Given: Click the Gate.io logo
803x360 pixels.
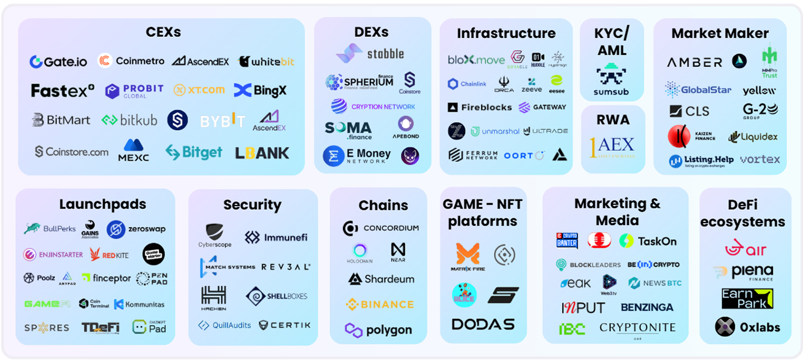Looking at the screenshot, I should (58, 62).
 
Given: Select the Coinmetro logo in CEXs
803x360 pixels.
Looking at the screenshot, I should (131, 61).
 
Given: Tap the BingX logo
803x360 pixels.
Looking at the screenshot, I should (260, 91).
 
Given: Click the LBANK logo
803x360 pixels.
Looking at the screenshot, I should (262, 153).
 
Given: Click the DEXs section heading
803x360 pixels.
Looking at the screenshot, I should (371, 32).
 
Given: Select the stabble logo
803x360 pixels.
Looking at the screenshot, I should (370, 53).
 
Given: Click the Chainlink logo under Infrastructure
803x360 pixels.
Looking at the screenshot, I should (467, 84).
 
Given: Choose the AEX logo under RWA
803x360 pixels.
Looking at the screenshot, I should (612, 147).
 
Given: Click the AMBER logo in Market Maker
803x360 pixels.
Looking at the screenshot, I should (694, 62).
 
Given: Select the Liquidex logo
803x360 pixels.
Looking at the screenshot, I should (753, 137).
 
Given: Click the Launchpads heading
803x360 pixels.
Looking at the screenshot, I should (102, 204).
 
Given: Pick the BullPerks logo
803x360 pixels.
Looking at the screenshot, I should (50, 229).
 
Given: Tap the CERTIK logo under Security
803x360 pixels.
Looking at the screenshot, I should (285, 325).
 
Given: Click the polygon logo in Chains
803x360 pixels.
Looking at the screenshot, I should (378, 330).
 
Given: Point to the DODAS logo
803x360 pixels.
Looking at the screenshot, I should (483, 324).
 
